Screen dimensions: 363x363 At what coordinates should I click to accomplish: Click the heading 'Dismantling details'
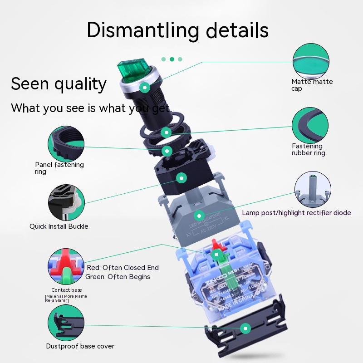(177, 29)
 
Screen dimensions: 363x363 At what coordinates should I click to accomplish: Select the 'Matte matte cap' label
(312, 85)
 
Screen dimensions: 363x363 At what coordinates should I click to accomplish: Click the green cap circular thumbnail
(311, 60)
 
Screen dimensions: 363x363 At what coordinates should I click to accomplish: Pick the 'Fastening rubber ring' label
(309, 149)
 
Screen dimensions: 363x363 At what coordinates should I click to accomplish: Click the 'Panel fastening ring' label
(59, 168)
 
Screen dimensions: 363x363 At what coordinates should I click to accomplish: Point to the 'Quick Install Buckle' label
(59, 226)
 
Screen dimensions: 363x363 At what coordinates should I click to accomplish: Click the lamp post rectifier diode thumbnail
(313, 189)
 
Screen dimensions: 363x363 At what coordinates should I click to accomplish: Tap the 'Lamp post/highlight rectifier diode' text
(296, 212)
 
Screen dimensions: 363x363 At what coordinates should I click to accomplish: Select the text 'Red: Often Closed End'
(123, 268)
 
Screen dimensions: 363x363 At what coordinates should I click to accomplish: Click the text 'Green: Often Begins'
(118, 277)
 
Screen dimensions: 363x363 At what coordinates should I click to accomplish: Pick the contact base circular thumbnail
(66, 265)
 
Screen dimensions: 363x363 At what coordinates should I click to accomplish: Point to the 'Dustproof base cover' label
(80, 346)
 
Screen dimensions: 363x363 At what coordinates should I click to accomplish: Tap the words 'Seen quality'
(59, 84)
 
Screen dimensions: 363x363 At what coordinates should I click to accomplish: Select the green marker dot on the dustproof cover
(245, 327)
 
